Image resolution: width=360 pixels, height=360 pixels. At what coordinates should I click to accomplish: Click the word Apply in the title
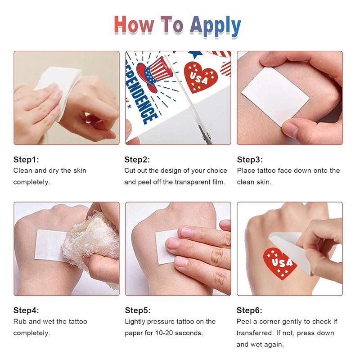216,26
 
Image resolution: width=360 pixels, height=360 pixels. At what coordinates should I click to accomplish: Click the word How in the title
134,25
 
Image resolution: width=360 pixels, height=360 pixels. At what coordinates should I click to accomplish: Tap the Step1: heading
26,160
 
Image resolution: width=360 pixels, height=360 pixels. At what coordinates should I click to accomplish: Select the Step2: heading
137,160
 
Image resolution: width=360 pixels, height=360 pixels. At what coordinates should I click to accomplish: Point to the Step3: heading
250,160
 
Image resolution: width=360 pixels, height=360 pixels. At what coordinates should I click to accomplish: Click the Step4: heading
26,310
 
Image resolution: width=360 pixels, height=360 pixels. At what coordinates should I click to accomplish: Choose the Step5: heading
138,310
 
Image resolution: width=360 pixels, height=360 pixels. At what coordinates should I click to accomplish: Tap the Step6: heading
249,310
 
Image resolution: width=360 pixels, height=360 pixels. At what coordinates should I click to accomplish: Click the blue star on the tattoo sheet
196,54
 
